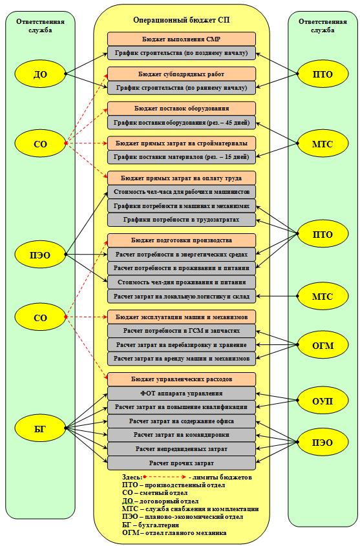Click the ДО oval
click(x=40, y=74)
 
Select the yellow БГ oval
click(x=40, y=428)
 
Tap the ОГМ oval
click(x=323, y=345)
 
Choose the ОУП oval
click(x=323, y=401)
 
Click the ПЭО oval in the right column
click(x=323, y=443)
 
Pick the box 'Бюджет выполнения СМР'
click(x=182, y=39)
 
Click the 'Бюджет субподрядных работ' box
click(x=182, y=74)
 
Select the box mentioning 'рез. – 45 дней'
click(x=182, y=123)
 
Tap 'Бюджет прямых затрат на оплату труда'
click(x=182, y=178)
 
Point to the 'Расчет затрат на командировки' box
click(x=182, y=435)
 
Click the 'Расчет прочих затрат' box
click(x=182, y=463)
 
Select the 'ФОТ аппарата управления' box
click(x=182, y=393)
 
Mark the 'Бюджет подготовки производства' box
click(x=182, y=240)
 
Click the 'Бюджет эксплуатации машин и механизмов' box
click(x=182, y=317)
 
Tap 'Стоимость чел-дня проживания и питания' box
click(x=182, y=282)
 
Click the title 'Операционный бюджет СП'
click(x=182, y=20)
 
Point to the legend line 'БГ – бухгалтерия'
click(x=151, y=525)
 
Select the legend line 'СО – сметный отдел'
click(x=155, y=493)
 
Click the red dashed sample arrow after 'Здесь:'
click(x=165, y=477)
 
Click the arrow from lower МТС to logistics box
click(x=277, y=297)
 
